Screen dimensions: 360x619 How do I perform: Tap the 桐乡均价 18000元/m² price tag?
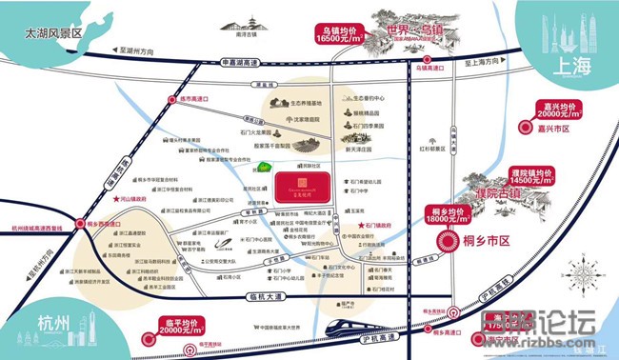(442, 216)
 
